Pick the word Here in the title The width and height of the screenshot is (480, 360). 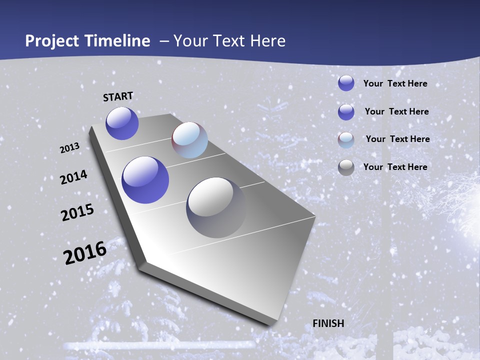tap(268, 41)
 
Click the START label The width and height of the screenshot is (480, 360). tap(118, 96)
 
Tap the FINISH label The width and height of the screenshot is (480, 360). tap(328, 323)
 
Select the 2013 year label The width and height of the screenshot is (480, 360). tap(69, 147)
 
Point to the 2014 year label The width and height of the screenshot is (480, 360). tap(73, 177)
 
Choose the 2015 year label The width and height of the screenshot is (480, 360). tap(77, 212)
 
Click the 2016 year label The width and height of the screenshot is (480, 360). tap(85, 252)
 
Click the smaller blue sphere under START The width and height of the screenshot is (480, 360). tap(122, 123)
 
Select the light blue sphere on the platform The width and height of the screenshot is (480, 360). tap(189, 140)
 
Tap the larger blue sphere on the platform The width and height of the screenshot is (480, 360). tap(145, 180)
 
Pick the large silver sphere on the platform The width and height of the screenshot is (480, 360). tap(216, 207)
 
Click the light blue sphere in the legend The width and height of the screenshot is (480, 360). tap(346, 140)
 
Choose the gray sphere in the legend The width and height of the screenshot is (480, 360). tap(346, 167)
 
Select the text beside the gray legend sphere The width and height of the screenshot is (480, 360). tap(395, 167)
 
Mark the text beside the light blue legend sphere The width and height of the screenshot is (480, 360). tap(397, 139)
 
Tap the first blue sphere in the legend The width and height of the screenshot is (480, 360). tap(346, 83)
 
